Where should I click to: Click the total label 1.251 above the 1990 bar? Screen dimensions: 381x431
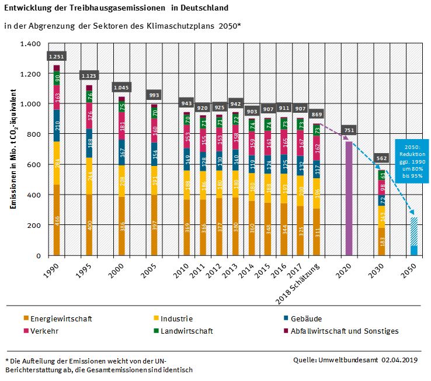click(x=57, y=56)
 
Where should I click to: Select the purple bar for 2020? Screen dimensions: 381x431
click(x=349, y=199)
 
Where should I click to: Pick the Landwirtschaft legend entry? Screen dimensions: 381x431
click(x=186, y=331)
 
